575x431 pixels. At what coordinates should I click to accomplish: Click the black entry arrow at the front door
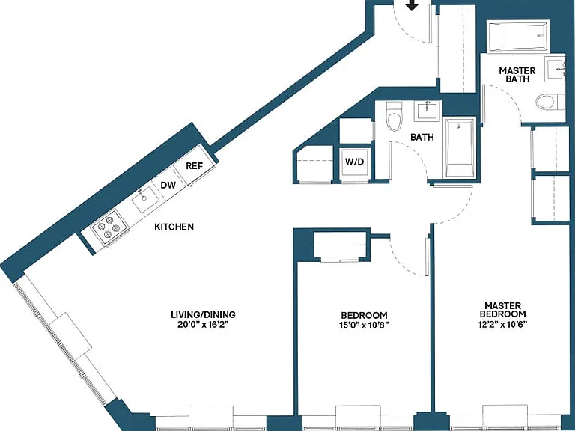pyautogui.click(x=412, y=5)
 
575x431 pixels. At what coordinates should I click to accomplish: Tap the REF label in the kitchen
pyautogui.click(x=195, y=166)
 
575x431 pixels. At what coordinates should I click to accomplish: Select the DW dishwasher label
pyautogui.click(x=168, y=185)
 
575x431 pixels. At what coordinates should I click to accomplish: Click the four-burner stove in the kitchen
pyautogui.click(x=109, y=227)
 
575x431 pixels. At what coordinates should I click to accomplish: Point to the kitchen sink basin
pyautogui.click(x=145, y=199)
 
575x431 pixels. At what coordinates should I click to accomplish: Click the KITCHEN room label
pyautogui.click(x=174, y=227)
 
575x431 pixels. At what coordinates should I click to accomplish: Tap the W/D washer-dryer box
pyautogui.click(x=355, y=162)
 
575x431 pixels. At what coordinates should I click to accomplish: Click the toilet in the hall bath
pyautogui.click(x=395, y=116)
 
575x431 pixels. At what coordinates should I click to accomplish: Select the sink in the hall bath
pyautogui.click(x=428, y=110)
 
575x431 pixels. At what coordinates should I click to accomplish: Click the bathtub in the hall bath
pyautogui.click(x=460, y=147)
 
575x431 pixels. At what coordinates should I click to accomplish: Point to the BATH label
pyautogui.click(x=422, y=137)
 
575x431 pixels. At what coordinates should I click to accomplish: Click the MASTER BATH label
pyautogui.click(x=517, y=74)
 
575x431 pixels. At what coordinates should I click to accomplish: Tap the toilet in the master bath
pyautogui.click(x=550, y=102)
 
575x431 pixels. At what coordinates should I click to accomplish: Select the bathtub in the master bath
pyautogui.click(x=518, y=37)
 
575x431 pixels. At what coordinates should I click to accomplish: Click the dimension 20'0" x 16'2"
pyautogui.click(x=203, y=324)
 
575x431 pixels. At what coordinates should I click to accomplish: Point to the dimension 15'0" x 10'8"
pyautogui.click(x=364, y=325)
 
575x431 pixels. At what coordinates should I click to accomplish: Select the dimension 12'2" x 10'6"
pyautogui.click(x=502, y=324)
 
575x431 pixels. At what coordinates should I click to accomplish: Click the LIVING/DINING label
pyautogui.click(x=203, y=314)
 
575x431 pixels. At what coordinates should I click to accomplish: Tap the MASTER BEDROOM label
pyautogui.click(x=503, y=310)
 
